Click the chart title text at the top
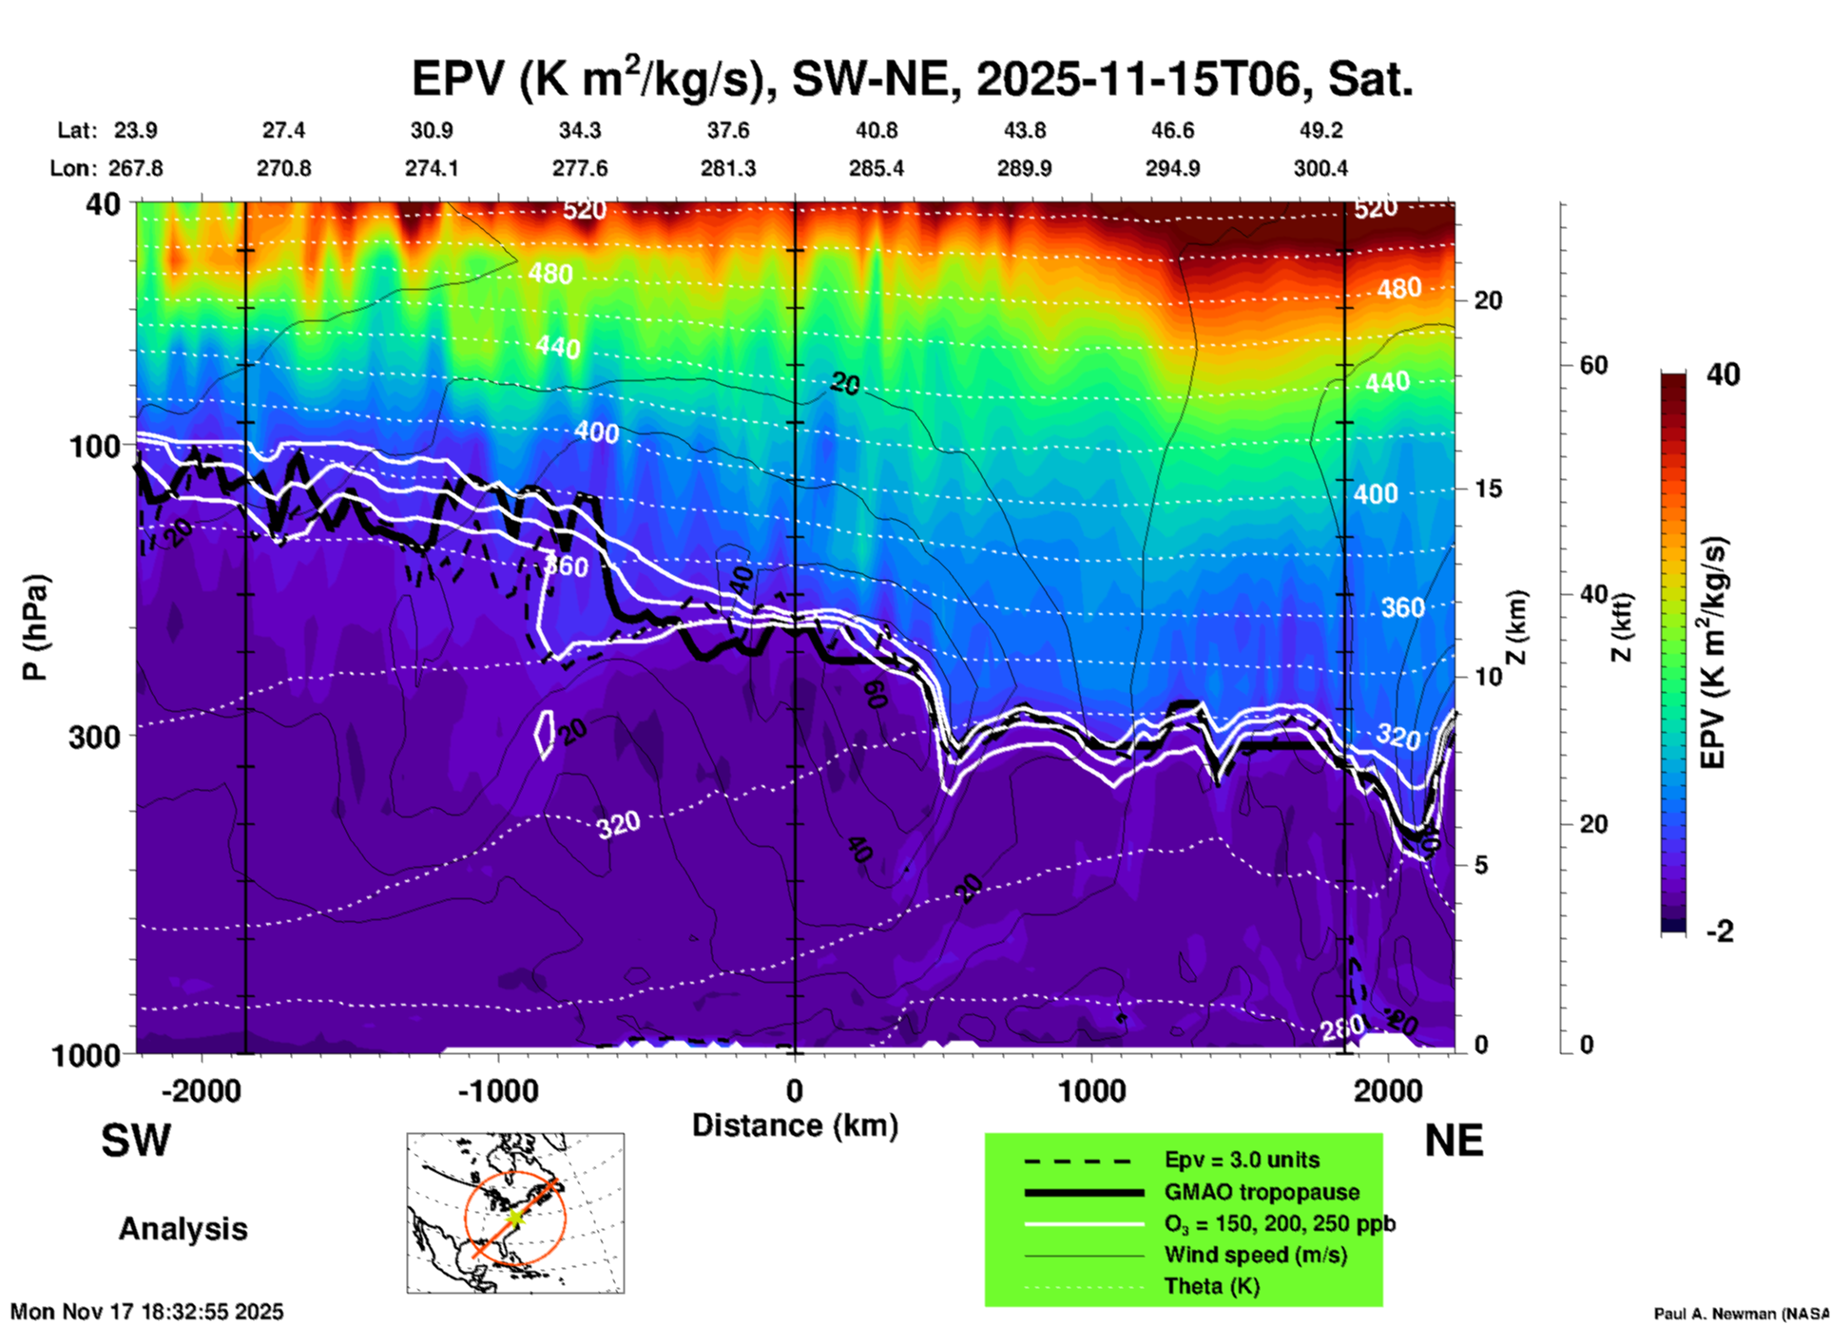click(913, 79)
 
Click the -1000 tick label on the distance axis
click(497, 1090)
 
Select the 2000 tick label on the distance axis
click(1388, 1090)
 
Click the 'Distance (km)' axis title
click(795, 1125)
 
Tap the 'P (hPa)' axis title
click(35, 627)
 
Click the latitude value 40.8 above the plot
click(877, 130)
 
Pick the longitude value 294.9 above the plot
click(1172, 168)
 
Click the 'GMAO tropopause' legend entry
click(1262, 1192)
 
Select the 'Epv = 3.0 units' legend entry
click(1242, 1160)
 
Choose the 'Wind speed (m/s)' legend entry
click(1255, 1255)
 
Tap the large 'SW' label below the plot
click(136, 1141)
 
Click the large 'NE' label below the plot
click(1454, 1141)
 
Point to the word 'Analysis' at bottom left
click(183, 1229)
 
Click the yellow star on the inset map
click(514, 1217)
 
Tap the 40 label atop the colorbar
click(1723, 374)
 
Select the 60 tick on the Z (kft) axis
click(1594, 365)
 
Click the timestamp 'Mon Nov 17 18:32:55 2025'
click(147, 1312)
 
